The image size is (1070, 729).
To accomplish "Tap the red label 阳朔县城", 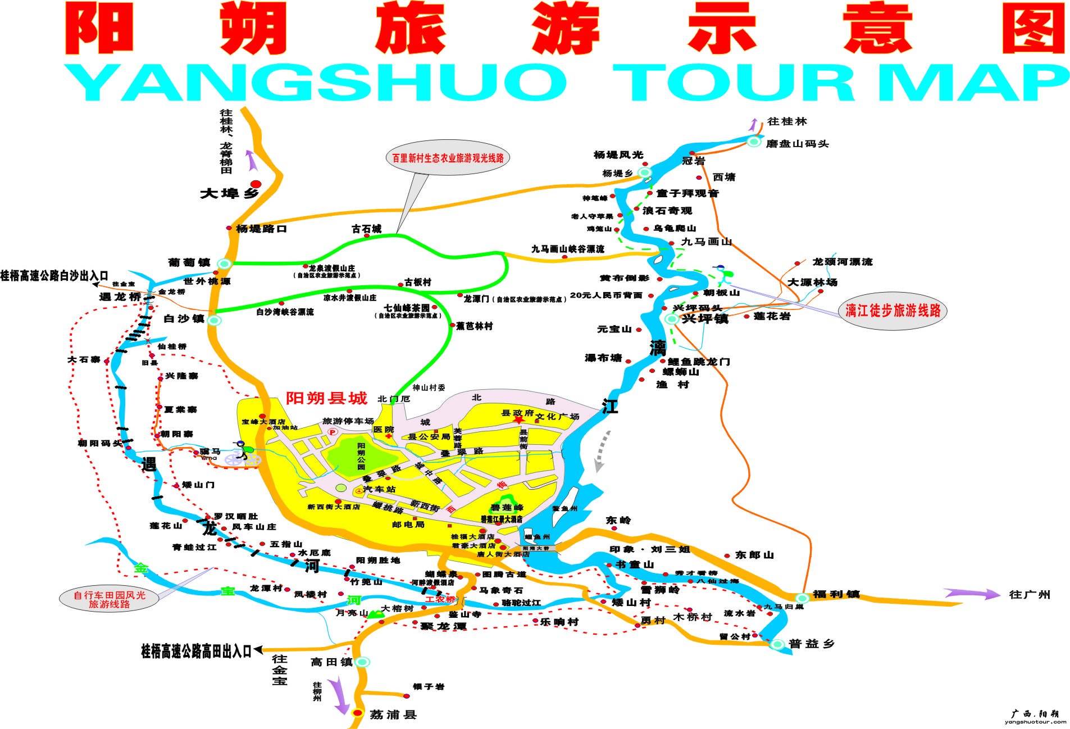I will pyautogui.click(x=326, y=398).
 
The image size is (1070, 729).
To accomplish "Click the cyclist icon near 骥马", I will pyautogui.click(x=243, y=452).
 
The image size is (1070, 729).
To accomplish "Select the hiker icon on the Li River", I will pyautogui.click(x=721, y=275).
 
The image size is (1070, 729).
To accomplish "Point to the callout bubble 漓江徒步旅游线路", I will pyautogui.click(x=893, y=311).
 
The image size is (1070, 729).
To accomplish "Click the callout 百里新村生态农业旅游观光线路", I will pyautogui.click(x=448, y=158).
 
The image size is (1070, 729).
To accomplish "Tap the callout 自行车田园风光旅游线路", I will pyautogui.click(x=109, y=599).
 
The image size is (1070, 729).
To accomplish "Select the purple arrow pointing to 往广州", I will pyautogui.click(x=972, y=593).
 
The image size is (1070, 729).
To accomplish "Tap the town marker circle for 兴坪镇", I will pyautogui.click(x=671, y=319).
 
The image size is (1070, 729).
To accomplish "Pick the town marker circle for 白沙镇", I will pyautogui.click(x=215, y=320).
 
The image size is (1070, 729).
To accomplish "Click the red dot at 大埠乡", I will pyautogui.click(x=256, y=184).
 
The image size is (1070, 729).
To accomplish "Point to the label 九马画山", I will pyautogui.click(x=707, y=242).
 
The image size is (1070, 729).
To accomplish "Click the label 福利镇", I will pyautogui.click(x=836, y=594).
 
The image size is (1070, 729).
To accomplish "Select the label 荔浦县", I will pyautogui.click(x=393, y=714).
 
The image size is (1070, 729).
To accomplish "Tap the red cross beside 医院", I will pyautogui.click(x=388, y=436).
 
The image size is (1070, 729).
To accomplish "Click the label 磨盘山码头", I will pyautogui.click(x=797, y=144).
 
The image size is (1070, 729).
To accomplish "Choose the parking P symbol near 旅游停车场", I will pyautogui.click(x=333, y=432).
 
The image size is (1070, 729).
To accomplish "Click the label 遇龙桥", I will pyautogui.click(x=120, y=297).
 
